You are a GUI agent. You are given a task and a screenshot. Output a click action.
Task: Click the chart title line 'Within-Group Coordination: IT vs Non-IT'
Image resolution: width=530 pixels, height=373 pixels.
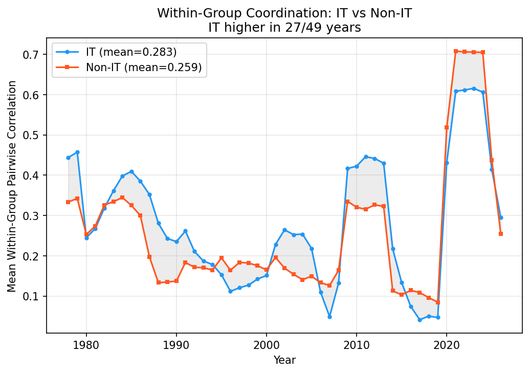(x=284, y=13)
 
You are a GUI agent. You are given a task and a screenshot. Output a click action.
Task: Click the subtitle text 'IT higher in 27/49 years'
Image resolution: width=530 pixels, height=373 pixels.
(x=284, y=28)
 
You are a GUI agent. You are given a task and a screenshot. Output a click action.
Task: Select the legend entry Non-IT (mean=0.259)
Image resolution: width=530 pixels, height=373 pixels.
(x=143, y=67)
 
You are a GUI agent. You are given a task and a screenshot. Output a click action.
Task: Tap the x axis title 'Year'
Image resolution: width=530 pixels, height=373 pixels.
(x=284, y=360)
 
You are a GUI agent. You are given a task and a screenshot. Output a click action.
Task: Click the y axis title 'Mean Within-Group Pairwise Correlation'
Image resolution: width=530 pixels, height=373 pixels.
(x=12, y=186)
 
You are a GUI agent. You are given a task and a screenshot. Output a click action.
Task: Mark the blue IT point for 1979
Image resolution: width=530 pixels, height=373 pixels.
(x=77, y=152)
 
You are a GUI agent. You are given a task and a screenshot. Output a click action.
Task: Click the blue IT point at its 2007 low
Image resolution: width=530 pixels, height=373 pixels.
(x=329, y=317)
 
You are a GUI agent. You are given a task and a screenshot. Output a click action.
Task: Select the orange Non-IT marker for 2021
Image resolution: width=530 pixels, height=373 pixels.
(x=456, y=51)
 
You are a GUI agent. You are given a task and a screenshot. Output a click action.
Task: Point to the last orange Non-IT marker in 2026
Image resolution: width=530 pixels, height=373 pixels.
(x=501, y=234)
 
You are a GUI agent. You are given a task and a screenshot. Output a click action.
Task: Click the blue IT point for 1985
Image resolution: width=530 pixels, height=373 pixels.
(x=131, y=171)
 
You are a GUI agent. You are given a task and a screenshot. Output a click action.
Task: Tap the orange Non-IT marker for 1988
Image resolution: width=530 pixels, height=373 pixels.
(x=159, y=282)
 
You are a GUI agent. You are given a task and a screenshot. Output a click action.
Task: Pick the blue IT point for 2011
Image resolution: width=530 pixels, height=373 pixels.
(x=366, y=157)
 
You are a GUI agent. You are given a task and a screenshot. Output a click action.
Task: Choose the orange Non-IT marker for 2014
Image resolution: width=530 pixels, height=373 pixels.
(x=393, y=291)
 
